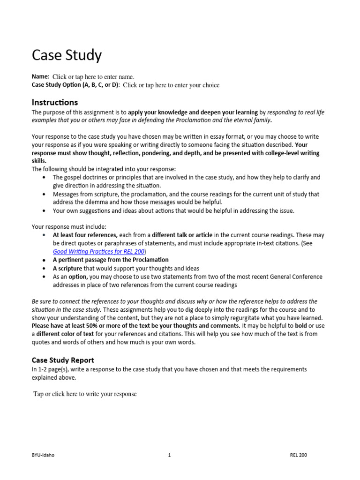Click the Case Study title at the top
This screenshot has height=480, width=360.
point(67,55)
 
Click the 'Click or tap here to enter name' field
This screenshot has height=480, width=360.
point(93,77)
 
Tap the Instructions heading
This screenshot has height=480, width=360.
point(55,102)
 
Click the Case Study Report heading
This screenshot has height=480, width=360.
point(63,360)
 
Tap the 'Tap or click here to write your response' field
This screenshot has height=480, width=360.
point(85,394)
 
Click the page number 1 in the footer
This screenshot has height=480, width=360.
point(169,455)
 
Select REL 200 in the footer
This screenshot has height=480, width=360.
point(299,455)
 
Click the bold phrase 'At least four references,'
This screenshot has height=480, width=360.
point(85,235)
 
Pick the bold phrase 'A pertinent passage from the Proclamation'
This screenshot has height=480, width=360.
point(111,260)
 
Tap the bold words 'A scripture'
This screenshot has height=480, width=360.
point(67,268)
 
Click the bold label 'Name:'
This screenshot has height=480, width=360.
point(40,76)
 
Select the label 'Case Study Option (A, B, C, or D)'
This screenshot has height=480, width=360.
point(75,85)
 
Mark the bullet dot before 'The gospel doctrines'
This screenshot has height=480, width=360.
point(44,178)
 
